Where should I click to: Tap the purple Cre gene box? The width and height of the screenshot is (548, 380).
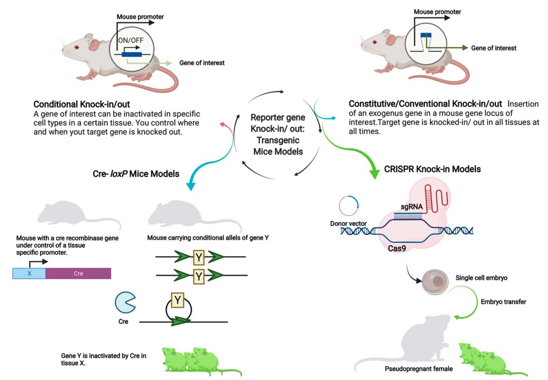[x=78, y=273]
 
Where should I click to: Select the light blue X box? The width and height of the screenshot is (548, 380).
[x=29, y=273]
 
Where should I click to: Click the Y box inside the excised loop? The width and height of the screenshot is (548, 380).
[x=177, y=299]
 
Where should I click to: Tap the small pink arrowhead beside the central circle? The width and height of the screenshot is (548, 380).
[x=222, y=125]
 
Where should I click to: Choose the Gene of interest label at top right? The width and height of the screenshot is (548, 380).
[x=493, y=48]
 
